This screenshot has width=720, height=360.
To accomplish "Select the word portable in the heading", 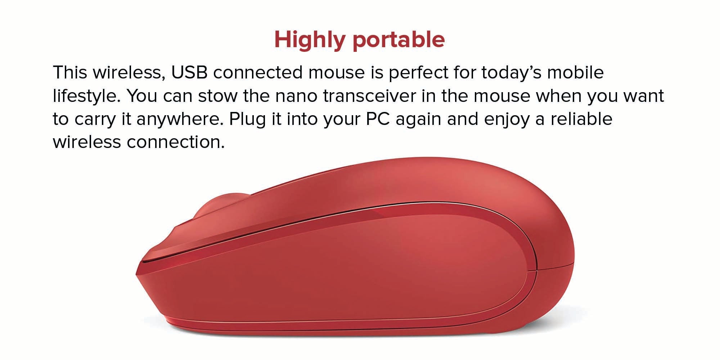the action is point(399,40).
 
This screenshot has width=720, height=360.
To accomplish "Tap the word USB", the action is point(189,72).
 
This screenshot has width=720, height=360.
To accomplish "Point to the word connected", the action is point(258,72).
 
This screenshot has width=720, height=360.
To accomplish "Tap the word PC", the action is point(378,119).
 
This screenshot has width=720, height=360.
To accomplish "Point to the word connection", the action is point(175,142).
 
